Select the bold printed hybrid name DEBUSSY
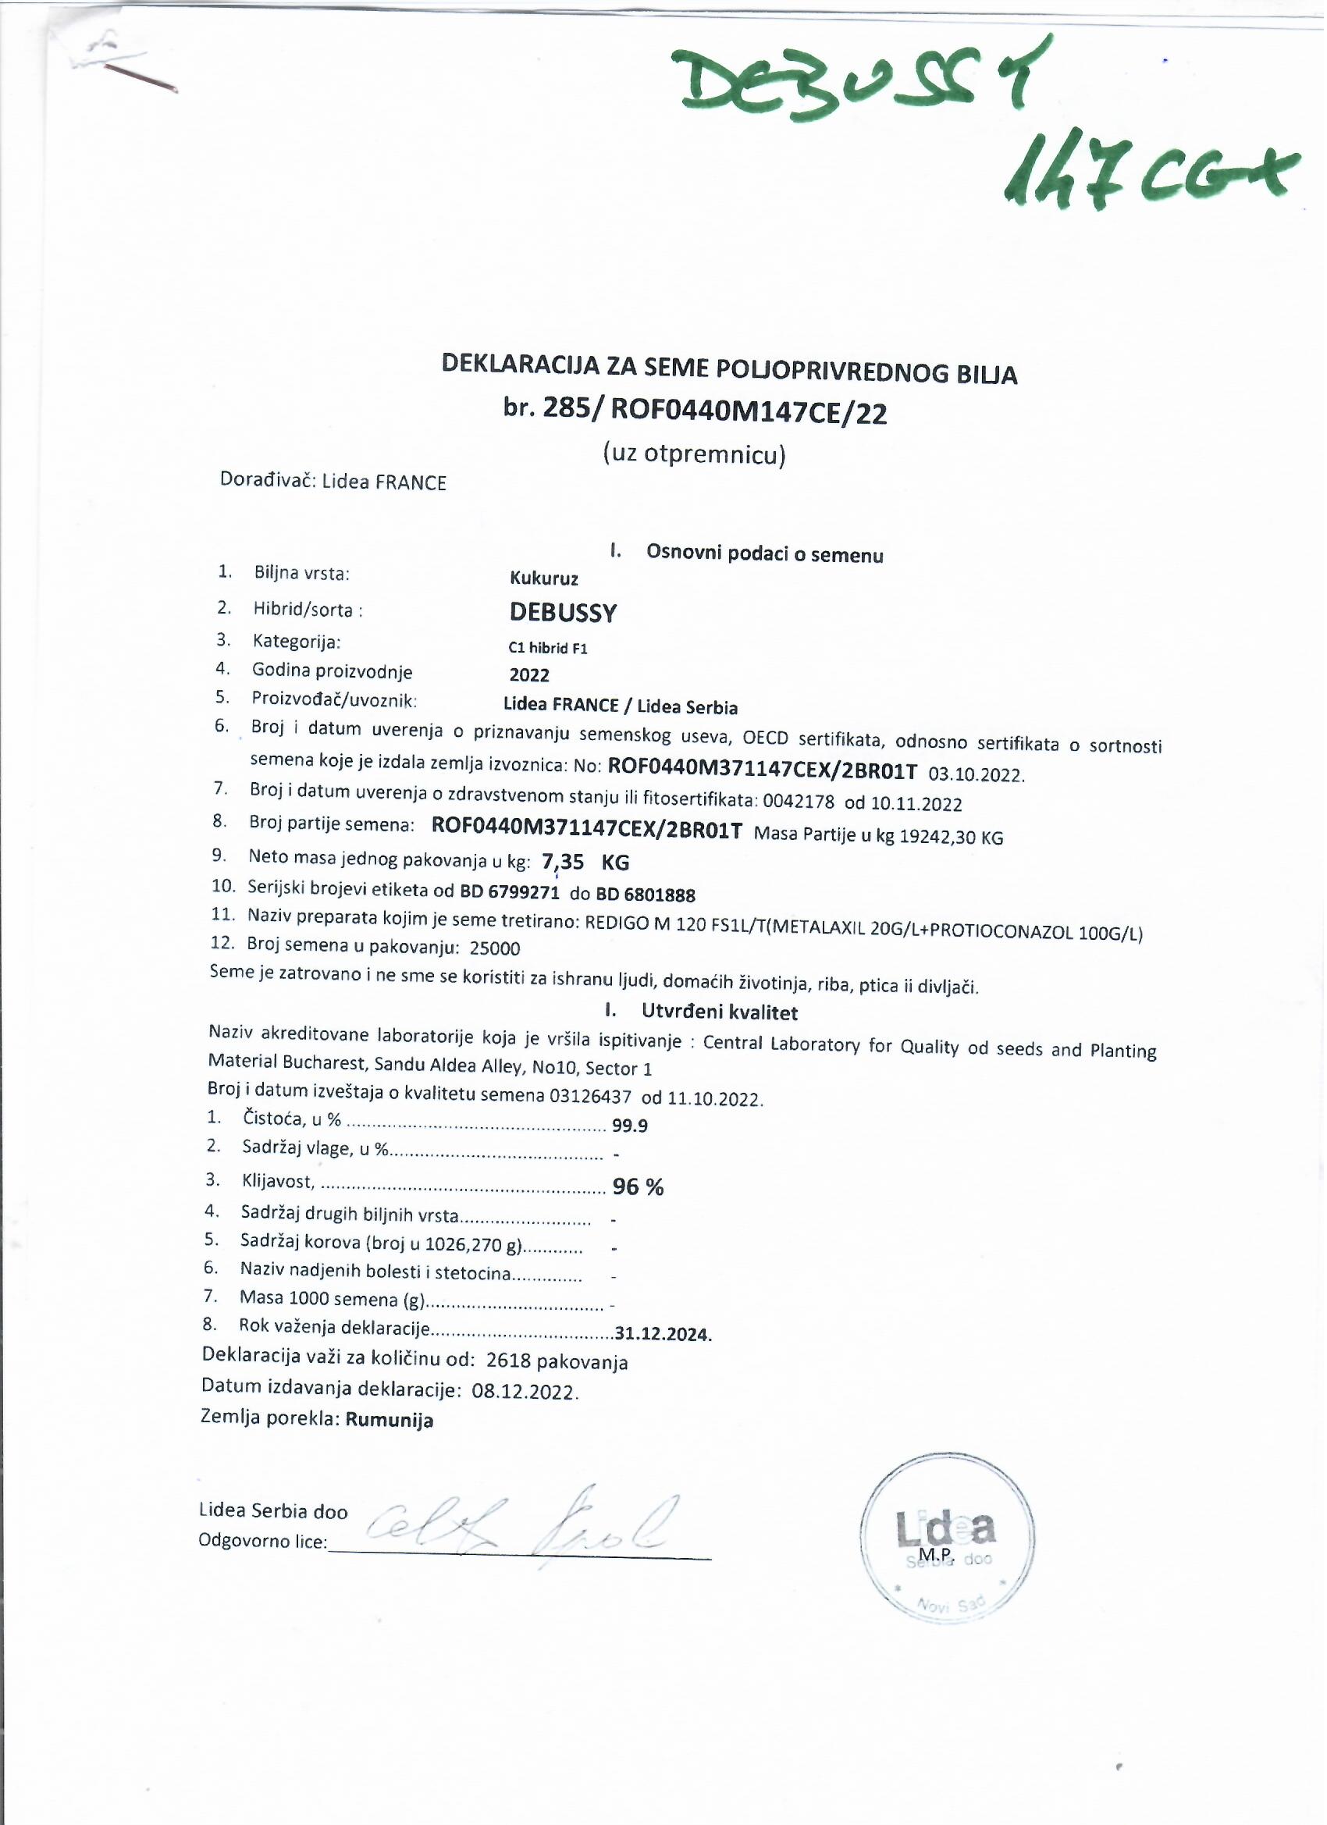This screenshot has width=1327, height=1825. pos(564,614)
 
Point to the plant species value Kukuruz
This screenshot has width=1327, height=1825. pos(544,578)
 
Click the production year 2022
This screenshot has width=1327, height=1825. pos(529,675)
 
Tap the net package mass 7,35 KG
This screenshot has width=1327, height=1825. pos(586,863)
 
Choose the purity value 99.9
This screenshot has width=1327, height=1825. pos(629,1126)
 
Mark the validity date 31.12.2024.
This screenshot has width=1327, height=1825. pos(663,1334)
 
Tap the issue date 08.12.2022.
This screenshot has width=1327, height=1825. pos(525,1392)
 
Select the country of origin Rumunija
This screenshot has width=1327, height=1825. pos(390,1420)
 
